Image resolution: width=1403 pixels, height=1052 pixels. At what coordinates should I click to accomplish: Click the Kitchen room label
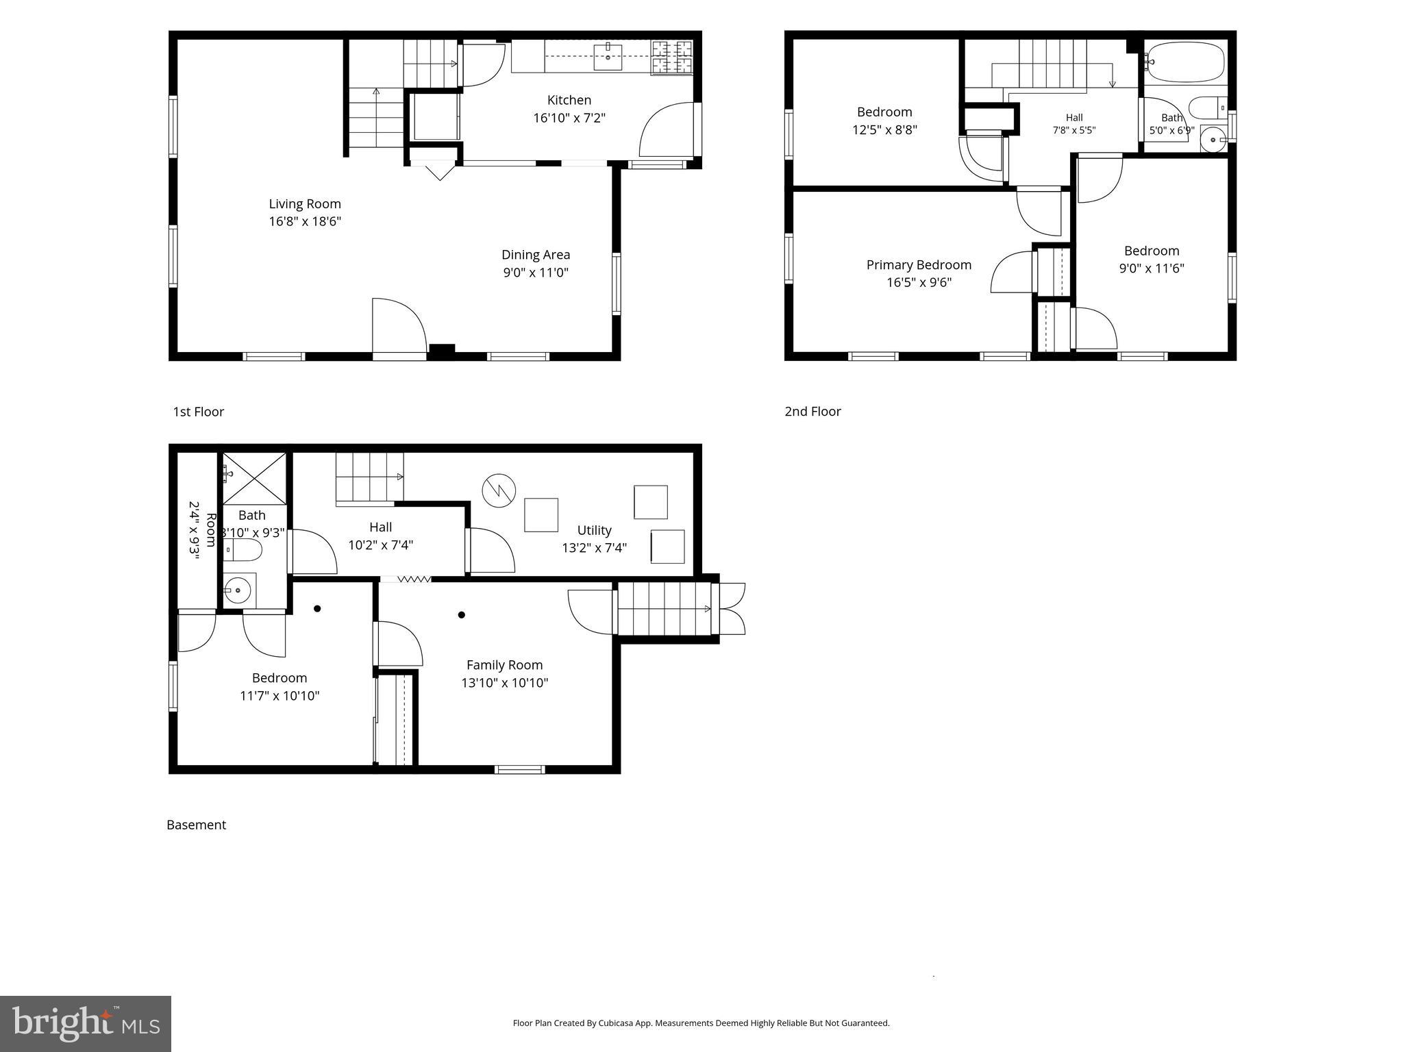(569, 100)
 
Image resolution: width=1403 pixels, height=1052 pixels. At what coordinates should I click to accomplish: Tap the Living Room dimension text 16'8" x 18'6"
(305, 221)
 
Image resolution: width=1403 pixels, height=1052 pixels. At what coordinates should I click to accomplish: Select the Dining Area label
(536, 255)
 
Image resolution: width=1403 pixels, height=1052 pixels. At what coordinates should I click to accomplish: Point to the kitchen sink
(608, 55)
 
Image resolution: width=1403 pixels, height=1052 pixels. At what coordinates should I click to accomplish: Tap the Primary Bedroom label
(919, 265)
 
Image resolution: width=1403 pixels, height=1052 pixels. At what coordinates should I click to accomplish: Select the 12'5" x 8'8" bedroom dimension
(884, 129)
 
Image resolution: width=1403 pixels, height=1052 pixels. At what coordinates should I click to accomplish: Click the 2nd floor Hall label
(1074, 118)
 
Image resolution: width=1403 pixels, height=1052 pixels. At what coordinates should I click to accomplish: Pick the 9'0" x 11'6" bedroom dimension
(1152, 268)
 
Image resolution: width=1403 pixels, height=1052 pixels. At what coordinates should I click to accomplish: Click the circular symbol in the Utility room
(498, 490)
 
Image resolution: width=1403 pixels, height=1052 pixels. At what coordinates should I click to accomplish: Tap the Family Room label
(505, 665)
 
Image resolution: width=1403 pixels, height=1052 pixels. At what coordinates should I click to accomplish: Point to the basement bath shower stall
(254, 479)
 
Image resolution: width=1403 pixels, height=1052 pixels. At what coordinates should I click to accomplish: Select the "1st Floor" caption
(199, 412)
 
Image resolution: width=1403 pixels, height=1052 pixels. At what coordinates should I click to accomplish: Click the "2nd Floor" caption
(813, 412)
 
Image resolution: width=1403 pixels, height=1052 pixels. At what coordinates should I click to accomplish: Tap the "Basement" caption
(196, 825)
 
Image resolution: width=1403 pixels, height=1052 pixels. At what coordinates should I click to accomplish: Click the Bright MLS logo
(86, 1023)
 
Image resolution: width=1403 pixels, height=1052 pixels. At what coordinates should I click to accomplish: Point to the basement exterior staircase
(665, 609)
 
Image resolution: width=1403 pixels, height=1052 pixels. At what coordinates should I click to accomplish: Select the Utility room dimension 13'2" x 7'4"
(595, 548)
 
